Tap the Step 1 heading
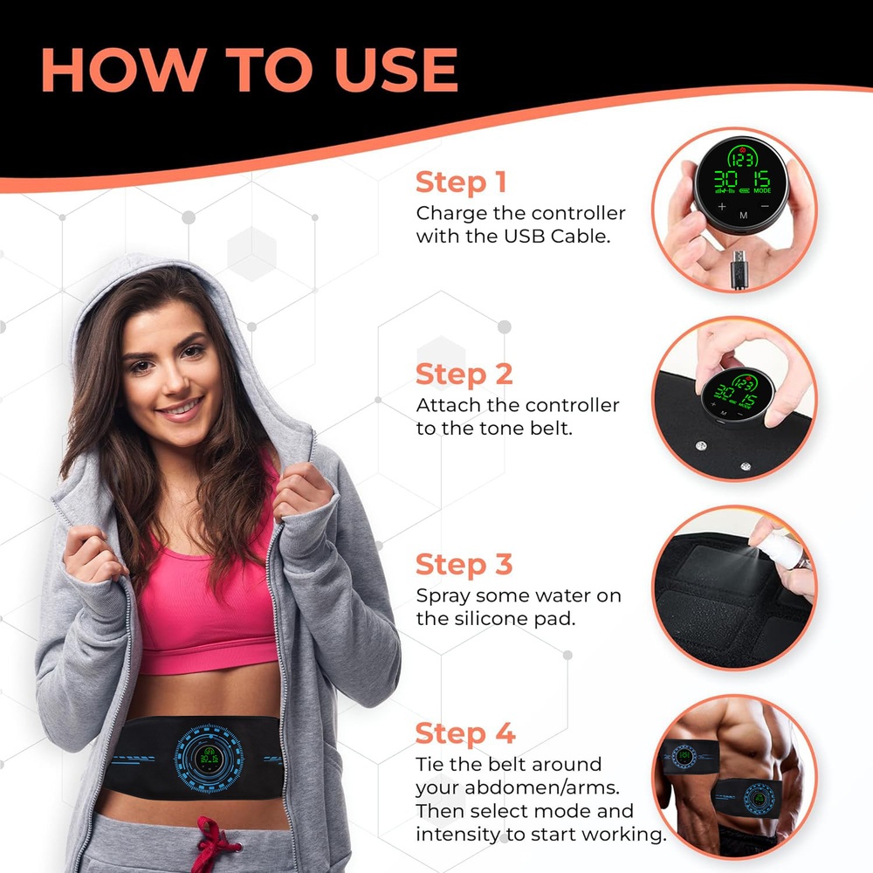click(x=461, y=182)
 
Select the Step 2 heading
click(x=464, y=375)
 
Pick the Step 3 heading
click(x=464, y=565)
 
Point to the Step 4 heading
click(x=465, y=733)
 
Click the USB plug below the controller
click(x=739, y=270)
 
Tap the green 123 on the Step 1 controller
click(x=743, y=160)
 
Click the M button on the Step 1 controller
click(x=743, y=215)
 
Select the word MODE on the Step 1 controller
click(x=762, y=190)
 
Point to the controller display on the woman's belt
click(x=209, y=758)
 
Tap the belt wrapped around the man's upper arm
click(x=689, y=756)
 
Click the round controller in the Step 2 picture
click(x=737, y=395)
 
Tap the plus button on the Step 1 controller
click(x=722, y=207)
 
